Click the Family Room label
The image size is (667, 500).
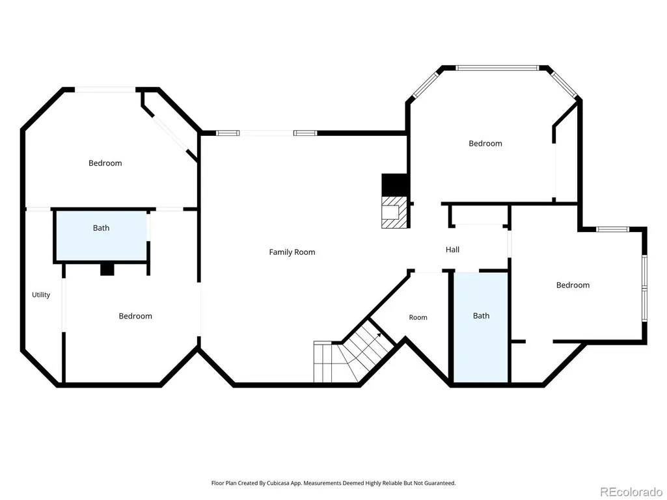click(292, 252)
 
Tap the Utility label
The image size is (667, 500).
click(41, 295)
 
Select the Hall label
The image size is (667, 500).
click(453, 250)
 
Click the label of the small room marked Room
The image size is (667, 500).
click(418, 317)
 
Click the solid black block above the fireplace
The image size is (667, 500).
click(395, 185)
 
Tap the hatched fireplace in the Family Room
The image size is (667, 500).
click(395, 212)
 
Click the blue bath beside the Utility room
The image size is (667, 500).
click(102, 236)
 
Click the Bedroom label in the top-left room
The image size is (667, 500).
click(105, 163)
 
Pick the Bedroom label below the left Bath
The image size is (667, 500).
click(135, 316)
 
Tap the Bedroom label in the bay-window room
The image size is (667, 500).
click(485, 143)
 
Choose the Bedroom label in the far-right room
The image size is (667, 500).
click(573, 285)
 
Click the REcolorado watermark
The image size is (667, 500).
click(631, 492)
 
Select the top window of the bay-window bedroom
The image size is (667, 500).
click(497, 68)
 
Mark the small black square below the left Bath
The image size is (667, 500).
click(107, 270)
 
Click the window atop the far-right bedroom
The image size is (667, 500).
click(612, 229)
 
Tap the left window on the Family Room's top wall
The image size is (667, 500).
click(228, 133)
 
